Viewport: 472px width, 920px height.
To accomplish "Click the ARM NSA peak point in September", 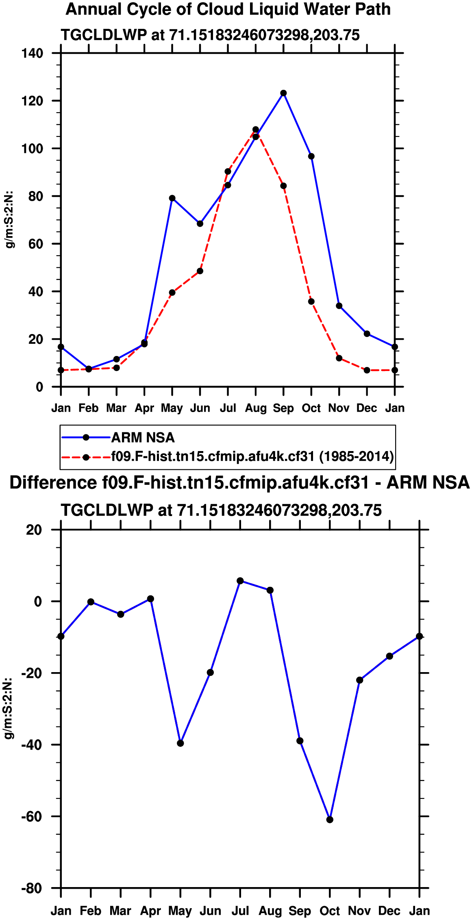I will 283,93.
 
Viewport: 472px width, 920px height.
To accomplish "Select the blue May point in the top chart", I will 172,198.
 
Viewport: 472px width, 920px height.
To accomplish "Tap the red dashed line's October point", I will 311,302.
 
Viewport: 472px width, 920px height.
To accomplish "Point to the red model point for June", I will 200,271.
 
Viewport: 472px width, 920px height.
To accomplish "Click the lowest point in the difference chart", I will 330,820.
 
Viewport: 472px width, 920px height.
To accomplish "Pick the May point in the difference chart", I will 181,743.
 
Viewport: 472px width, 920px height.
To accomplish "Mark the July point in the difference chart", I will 240,581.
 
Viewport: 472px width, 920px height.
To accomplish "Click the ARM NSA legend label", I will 143,438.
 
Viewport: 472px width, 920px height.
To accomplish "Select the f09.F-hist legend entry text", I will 252,456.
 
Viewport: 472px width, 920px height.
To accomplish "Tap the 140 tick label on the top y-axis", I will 33,53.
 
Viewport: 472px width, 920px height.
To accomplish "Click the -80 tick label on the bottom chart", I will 32,888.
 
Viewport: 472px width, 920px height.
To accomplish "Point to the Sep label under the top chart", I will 283,408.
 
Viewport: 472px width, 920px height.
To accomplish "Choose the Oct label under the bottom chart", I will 330,911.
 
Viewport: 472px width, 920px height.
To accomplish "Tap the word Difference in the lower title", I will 53,483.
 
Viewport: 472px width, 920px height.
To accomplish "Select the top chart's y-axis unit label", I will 9,219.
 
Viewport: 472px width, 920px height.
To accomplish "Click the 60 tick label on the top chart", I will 35,244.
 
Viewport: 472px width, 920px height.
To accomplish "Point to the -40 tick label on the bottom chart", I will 32,745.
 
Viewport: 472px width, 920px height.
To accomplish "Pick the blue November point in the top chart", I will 339,306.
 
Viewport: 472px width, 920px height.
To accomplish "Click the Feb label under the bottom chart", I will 91,911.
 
